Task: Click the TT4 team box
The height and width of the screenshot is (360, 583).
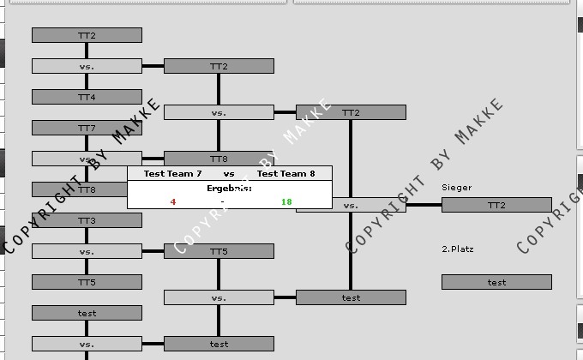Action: point(87,97)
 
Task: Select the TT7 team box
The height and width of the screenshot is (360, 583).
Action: point(87,128)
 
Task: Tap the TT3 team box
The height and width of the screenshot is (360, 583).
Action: point(87,220)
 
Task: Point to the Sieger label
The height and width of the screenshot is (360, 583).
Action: point(457,187)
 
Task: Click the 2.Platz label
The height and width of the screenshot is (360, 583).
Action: point(458,249)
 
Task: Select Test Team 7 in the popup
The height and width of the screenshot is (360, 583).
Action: point(173,174)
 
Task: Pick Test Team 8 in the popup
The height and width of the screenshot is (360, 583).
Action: point(286,174)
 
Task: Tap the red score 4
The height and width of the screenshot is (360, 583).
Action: point(173,202)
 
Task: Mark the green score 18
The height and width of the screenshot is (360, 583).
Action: point(286,202)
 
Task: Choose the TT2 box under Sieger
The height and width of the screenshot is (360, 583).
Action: point(496,205)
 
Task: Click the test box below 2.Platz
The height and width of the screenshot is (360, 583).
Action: point(496,282)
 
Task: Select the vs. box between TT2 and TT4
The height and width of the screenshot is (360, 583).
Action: point(87,66)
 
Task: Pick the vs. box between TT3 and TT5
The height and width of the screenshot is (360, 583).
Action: point(87,251)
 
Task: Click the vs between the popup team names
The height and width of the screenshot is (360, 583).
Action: point(229,174)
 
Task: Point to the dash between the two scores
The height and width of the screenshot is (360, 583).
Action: point(222,202)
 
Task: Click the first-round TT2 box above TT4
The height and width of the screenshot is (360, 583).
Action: point(87,35)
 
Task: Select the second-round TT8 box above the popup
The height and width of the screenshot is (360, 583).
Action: point(219,159)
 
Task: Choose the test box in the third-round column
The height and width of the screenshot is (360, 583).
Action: point(351,297)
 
